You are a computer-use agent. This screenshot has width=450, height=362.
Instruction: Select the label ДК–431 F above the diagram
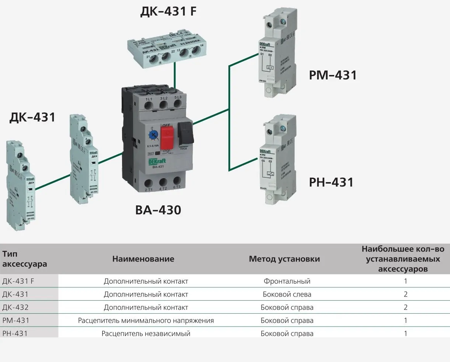click(x=168, y=11)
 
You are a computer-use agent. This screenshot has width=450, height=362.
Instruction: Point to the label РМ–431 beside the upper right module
click(x=333, y=75)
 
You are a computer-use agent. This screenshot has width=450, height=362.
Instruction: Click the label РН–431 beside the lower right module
click(x=331, y=182)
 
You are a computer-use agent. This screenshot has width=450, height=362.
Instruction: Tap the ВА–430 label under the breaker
click(x=158, y=210)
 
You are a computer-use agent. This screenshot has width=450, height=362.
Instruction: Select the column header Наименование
click(x=143, y=259)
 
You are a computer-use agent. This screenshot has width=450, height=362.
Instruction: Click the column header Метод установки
click(x=284, y=259)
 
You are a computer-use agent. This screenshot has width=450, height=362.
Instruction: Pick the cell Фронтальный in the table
click(x=287, y=281)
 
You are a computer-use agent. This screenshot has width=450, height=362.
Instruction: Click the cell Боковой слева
click(x=287, y=294)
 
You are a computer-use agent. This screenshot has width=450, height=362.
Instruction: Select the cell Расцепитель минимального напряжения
click(x=146, y=320)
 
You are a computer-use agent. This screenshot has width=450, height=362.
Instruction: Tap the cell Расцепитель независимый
click(x=146, y=334)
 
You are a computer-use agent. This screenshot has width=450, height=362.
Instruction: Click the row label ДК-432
click(x=15, y=307)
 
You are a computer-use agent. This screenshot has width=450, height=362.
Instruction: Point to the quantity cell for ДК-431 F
click(x=405, y=281)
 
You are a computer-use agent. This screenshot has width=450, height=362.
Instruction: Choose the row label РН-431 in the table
click(x=15, y=334)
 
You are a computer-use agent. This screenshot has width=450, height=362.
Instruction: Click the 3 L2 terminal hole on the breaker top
click(x=163, y=106)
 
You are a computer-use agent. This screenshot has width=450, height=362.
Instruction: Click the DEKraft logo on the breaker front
click(x=157, y=161)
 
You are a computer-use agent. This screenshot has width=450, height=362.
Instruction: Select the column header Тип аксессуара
click(x=25, y=259)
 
